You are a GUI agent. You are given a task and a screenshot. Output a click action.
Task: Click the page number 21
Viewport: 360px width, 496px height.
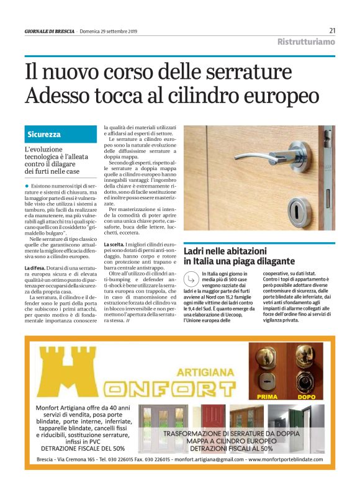pyautogui.click(x=332, y=30)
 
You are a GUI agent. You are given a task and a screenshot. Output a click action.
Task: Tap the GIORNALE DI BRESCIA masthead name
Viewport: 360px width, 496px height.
pyautogui.click(x=49, y=32)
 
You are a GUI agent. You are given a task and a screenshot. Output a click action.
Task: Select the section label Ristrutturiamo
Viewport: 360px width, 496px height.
pyautogui.click(x=306, y=42)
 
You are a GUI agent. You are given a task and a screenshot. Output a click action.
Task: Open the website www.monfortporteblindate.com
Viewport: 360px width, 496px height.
pyautogui.click(x=286, y=460)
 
